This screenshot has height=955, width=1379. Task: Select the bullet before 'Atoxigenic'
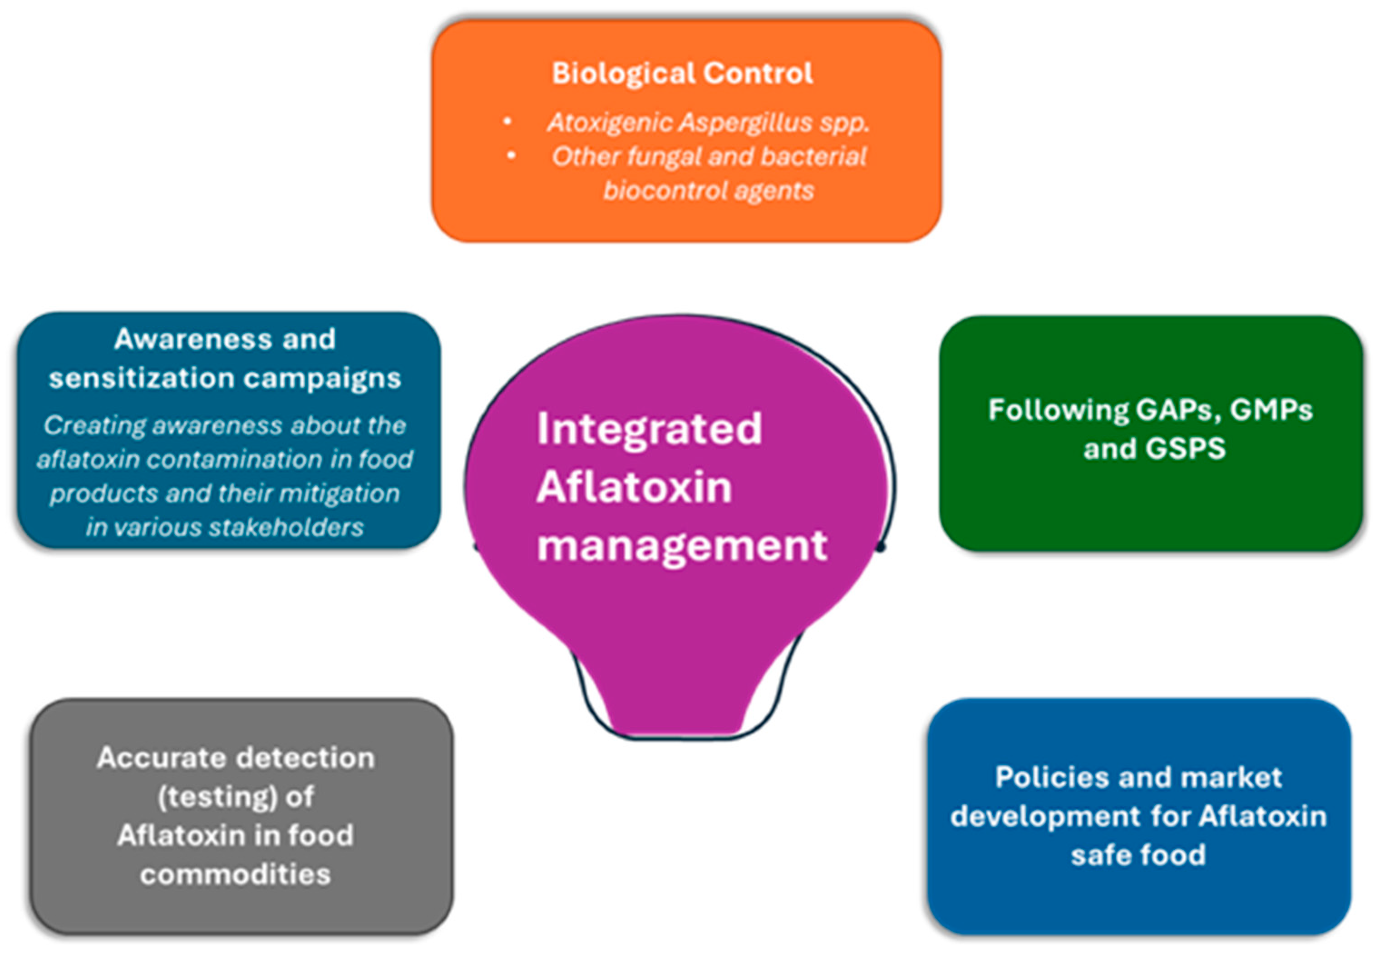click(507, 122)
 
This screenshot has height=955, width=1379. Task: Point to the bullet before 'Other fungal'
click(511, 156)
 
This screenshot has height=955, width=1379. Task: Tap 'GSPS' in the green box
click(1184, 448)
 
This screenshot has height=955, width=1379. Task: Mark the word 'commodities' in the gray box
click(235, 875)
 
